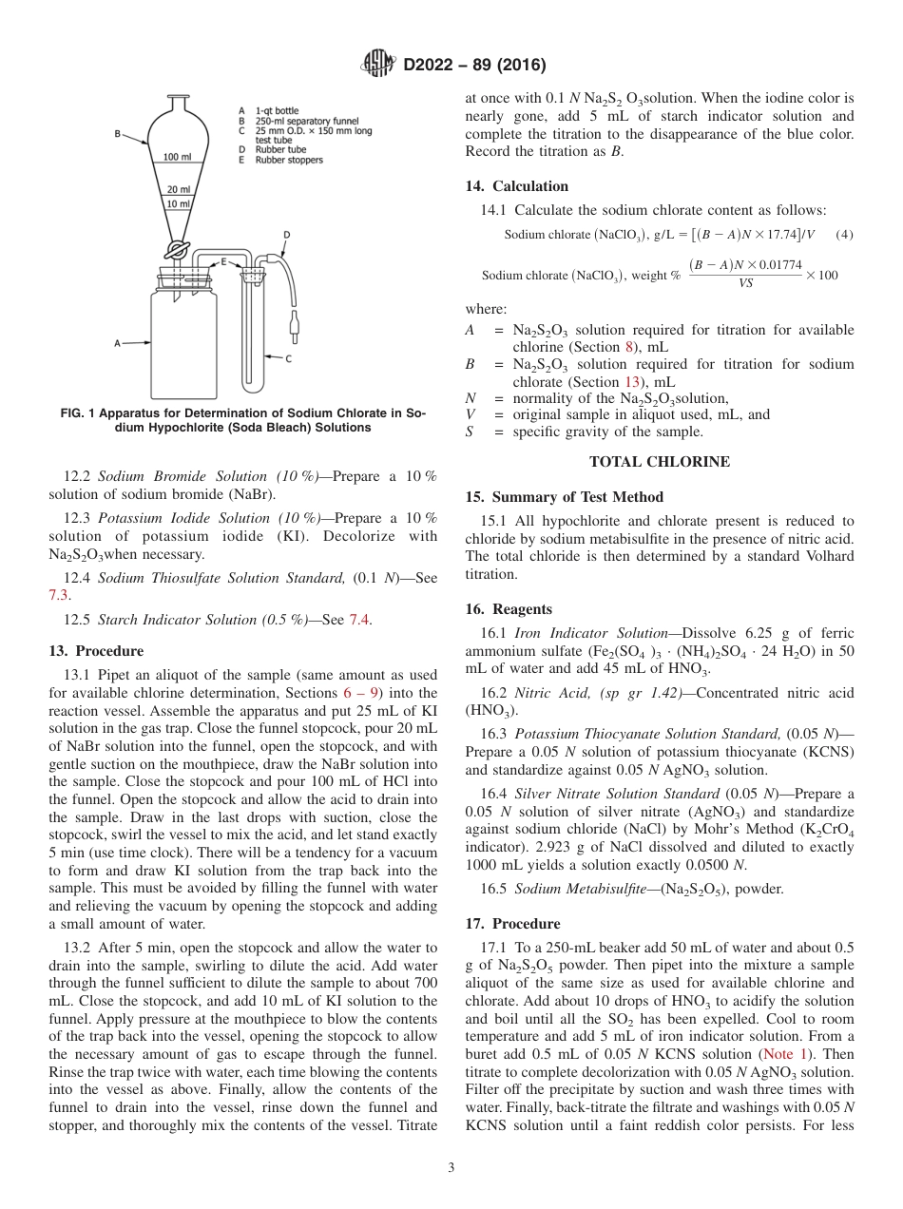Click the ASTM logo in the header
point(379,65)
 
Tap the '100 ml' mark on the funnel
point(177,157)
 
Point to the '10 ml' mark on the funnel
point(178,204)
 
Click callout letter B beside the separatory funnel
point(118,135)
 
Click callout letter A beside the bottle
point(117,343)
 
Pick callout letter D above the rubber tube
point(287,233)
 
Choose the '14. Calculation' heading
point(516,186)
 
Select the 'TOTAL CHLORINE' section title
point(660,463)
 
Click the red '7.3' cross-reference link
point(59,595)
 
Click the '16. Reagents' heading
point(509,609)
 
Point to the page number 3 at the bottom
point(451,1167)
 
